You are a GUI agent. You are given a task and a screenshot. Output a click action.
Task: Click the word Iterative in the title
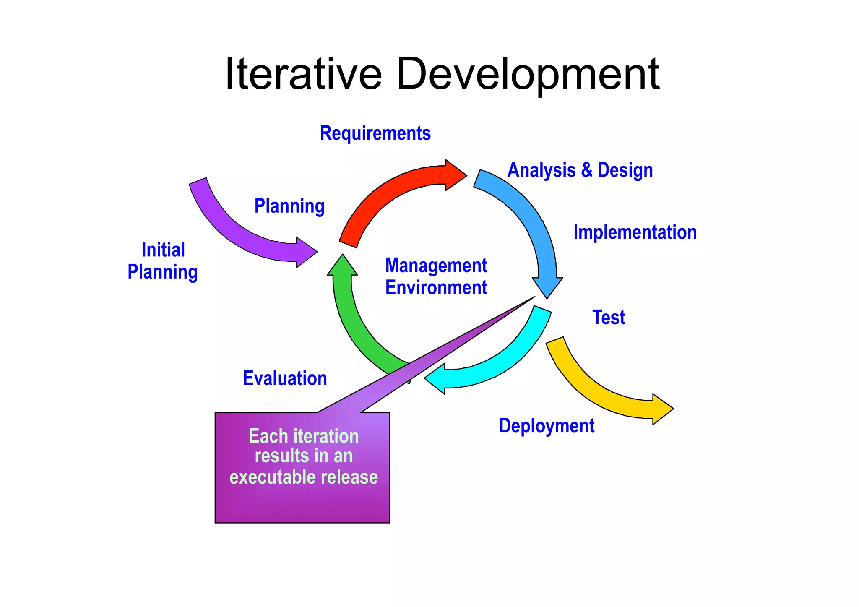tap(303, 74)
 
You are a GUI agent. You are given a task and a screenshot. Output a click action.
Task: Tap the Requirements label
tap(375, 133)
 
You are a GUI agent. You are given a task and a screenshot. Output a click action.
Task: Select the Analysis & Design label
tap(580, 170)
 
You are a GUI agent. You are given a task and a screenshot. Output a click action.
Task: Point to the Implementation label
tap(635, 232)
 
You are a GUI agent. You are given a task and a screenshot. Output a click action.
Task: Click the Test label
tap(608, 318)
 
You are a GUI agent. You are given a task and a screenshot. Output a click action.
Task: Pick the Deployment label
tap(546, 426)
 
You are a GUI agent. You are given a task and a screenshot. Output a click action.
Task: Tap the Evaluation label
tap(285, 378)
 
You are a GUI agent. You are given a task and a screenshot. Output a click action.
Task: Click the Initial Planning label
tap(163, 261)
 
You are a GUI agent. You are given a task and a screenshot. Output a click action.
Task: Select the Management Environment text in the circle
tap(436, 277)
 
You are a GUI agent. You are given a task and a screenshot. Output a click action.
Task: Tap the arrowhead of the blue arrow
tap(547, 287)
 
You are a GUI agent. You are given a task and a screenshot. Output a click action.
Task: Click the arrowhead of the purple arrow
tap(306, 252)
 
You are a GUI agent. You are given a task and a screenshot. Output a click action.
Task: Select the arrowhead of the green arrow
tap(343, 266)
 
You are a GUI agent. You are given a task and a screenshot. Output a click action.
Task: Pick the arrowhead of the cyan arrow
tap(436, 378)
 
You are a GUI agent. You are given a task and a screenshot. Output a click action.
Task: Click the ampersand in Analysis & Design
tap(586, 170)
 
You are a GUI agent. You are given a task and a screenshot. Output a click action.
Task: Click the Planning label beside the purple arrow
tap(289, 206)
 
